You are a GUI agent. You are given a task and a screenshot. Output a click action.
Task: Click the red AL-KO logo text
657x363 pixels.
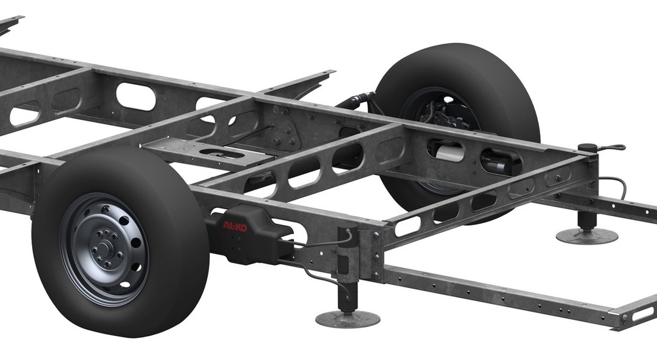(235, 226)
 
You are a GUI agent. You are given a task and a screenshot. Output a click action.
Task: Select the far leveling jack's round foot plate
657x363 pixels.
(587, 236)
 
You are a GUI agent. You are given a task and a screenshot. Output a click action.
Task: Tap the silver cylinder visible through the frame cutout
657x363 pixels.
(450, 154)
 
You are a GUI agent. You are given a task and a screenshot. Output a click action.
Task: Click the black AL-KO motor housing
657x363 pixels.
(250, 235)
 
